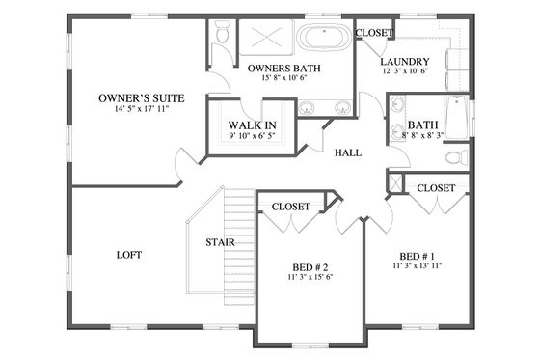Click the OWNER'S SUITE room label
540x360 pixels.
click(x=142, y=97)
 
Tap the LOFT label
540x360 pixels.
click(x=128, y=255)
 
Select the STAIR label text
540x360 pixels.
click(x=216, y=242)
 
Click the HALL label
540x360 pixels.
click(x=348, y=153)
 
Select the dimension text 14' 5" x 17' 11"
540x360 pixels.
click(x=142, y=110)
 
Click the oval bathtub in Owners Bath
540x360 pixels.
click(x=323, y=41)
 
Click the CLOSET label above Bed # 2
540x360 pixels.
click(x=290, y=207)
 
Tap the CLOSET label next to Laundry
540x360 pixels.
click(x=374, y=33)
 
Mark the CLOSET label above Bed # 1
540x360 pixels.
click(x=436, y=188)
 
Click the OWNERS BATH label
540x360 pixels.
click(x=283, y=69)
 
